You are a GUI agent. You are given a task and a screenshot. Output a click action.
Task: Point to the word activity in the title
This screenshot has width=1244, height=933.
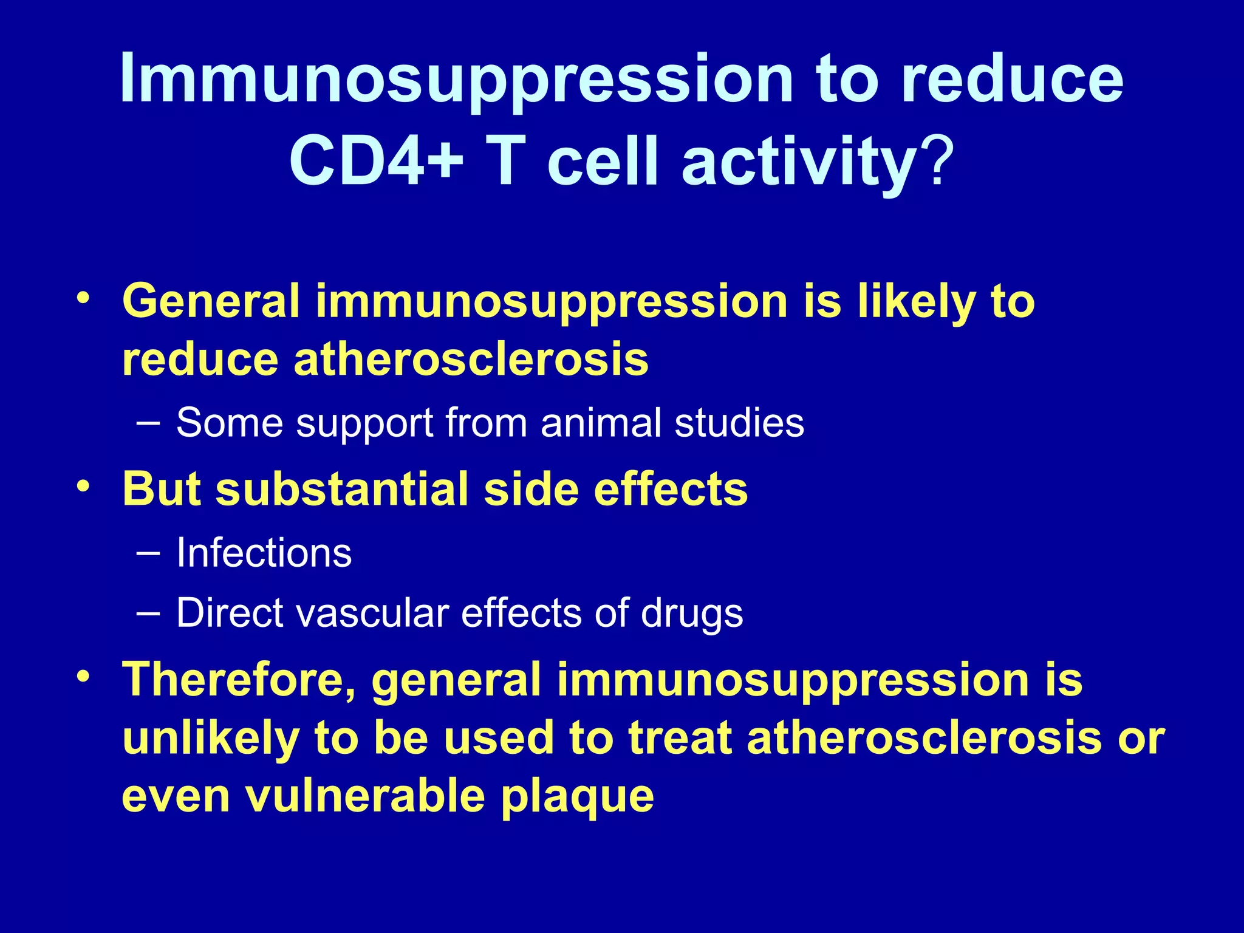(798, 163)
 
